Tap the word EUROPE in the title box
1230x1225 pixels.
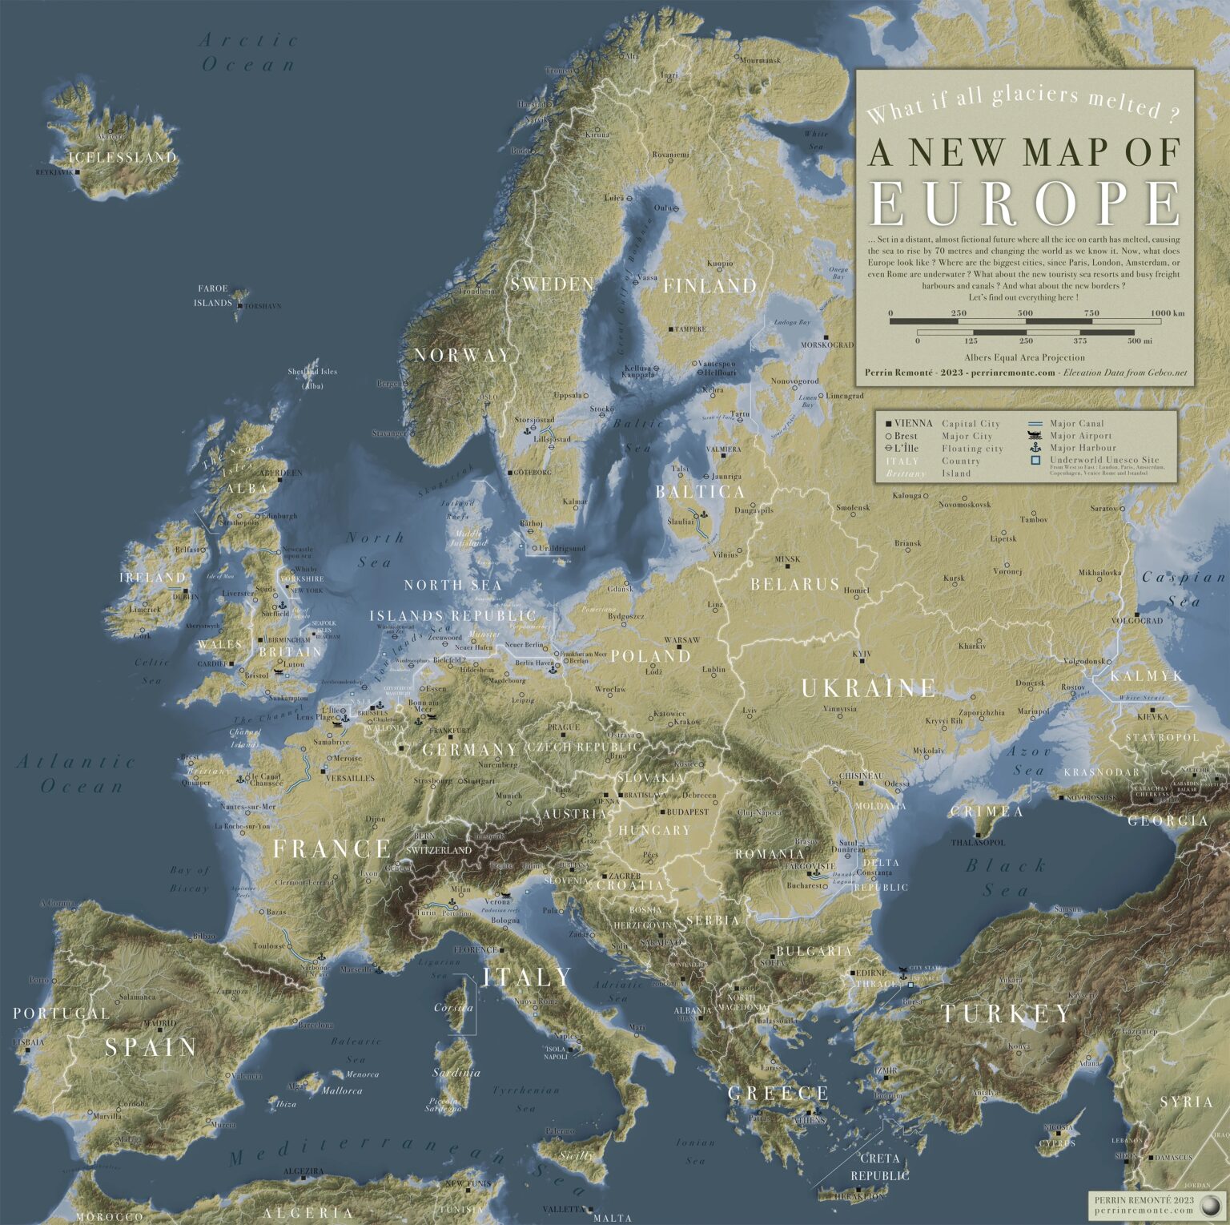1025,203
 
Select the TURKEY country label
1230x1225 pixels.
1006,1013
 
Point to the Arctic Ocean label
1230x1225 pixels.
248,52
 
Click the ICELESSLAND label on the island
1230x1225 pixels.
123,157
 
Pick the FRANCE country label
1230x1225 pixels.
332,848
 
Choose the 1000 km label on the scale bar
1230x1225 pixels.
1167,313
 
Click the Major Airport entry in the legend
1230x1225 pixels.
1081,436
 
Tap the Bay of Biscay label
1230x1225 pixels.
190,879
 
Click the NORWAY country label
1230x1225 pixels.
462,355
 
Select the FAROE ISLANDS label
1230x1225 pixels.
213,296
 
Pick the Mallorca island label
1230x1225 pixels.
342,1090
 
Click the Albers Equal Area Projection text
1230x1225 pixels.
1025,357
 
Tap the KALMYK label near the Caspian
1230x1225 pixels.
1147,676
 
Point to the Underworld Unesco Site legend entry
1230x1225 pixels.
1104,461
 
